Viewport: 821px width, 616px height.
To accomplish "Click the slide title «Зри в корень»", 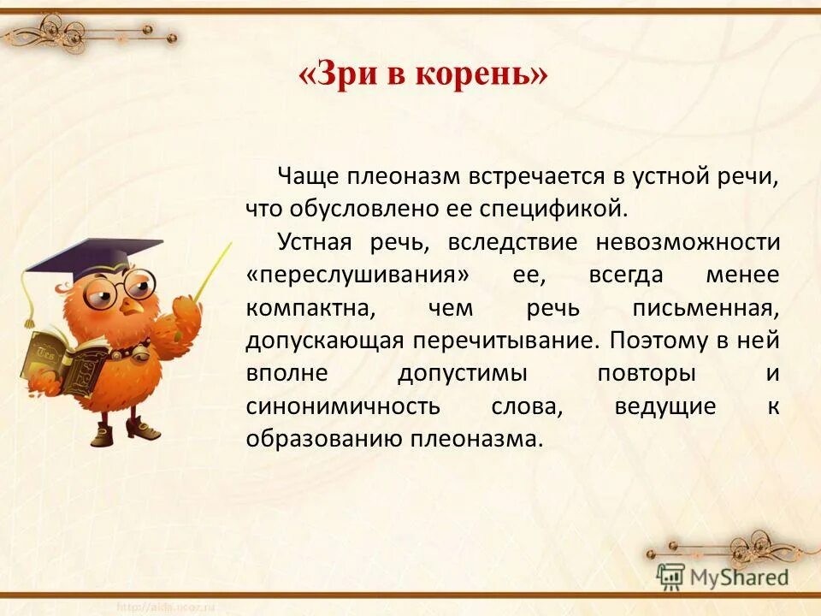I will coord(422,76).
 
